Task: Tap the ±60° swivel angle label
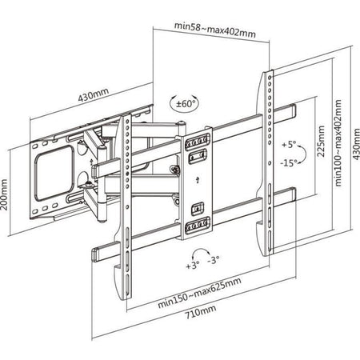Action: (186, 102)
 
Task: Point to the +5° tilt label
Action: (290, 145)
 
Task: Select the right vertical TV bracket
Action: (265, 160)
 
